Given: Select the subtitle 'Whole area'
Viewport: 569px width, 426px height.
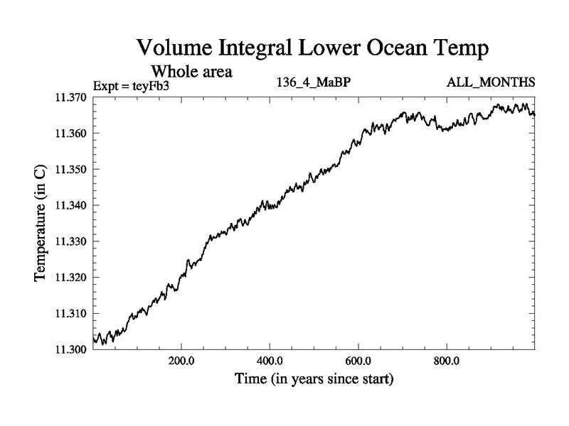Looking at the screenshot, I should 191,72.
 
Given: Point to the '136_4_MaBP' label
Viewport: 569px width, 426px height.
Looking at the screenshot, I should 314,82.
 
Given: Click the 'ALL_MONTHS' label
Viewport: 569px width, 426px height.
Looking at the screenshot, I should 491,82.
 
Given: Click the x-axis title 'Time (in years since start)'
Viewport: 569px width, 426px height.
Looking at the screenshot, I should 314,379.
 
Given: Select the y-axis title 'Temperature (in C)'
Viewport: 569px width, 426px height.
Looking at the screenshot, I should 41,224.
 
